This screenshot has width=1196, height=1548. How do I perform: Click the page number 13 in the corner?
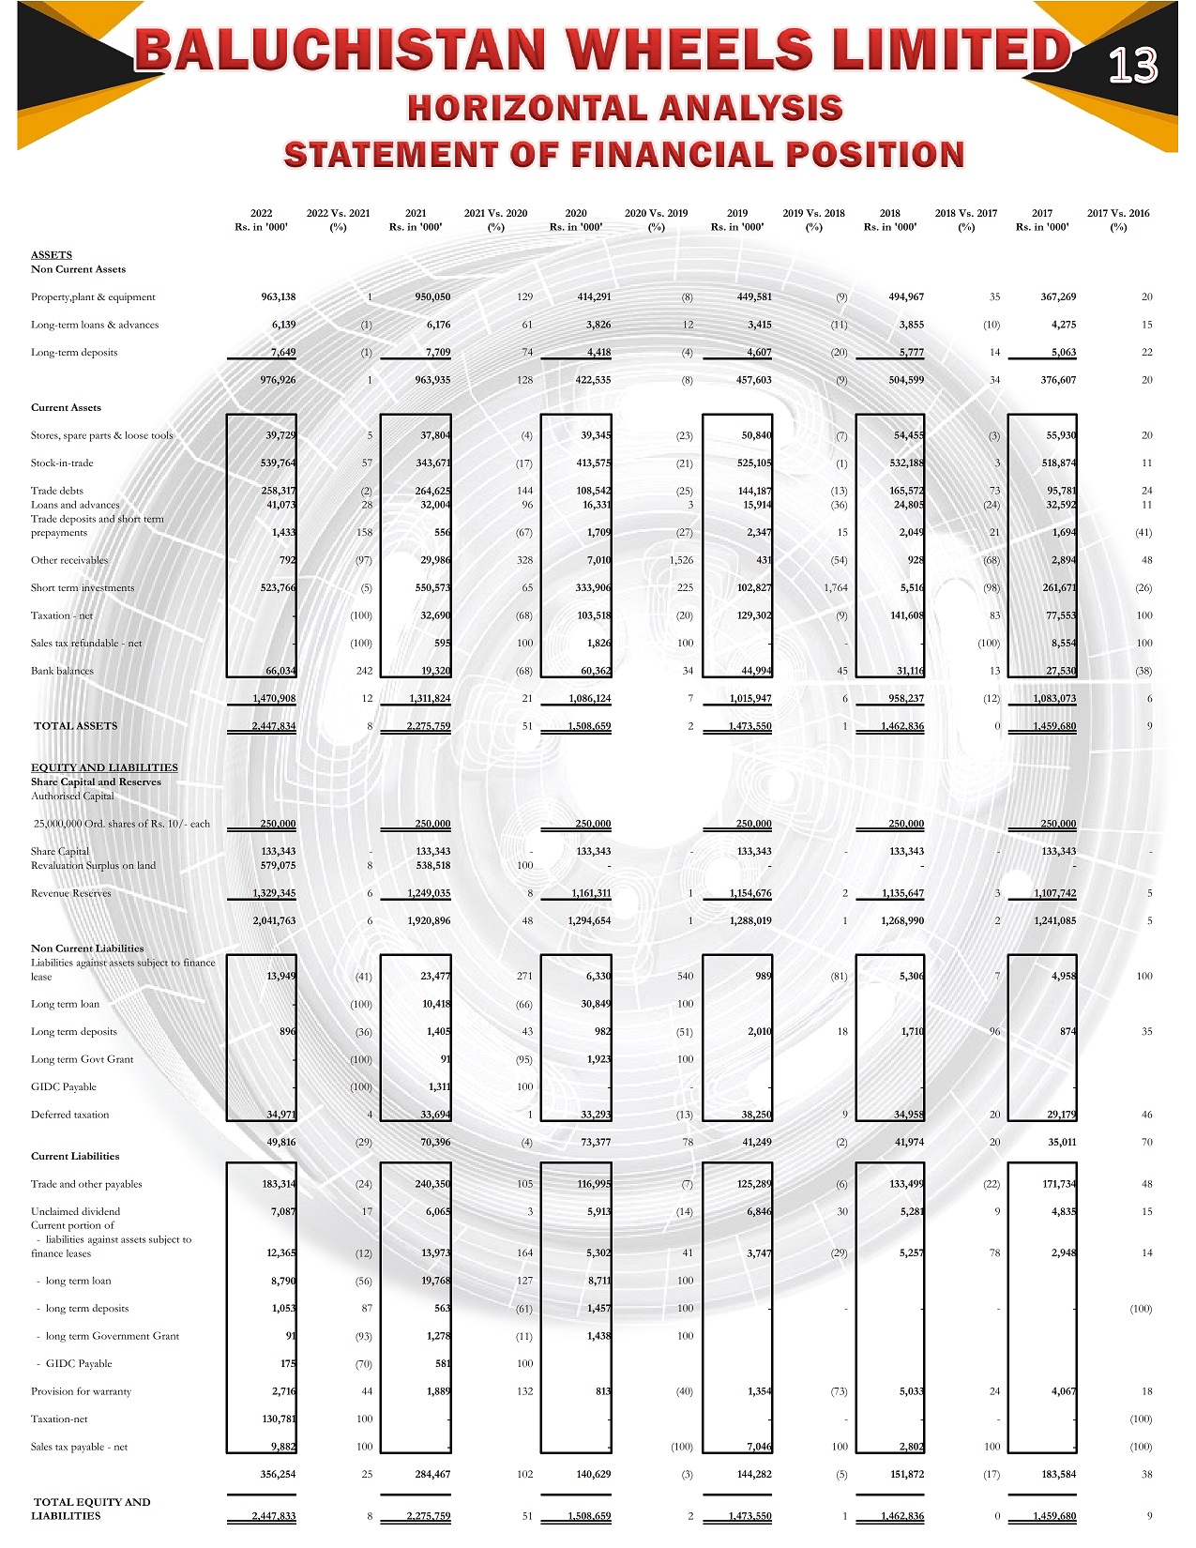[x=1132, y=66]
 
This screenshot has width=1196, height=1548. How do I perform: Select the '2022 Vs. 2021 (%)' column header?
[x=338, y=220]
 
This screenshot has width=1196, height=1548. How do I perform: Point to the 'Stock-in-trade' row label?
[x=62, y=463]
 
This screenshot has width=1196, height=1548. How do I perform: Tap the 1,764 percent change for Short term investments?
[x=835, y=588]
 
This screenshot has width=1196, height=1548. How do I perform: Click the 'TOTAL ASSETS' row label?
[x=76, y=726]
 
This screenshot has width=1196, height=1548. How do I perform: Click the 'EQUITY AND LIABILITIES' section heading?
[x=104, y=767]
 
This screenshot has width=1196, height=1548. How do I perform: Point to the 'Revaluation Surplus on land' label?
[x=93, y=866]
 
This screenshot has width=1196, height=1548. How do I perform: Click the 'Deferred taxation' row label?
[x=69, y=1115]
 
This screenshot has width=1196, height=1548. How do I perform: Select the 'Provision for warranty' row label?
[x=81, y=1392]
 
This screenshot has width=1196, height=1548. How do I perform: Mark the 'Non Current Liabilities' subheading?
[x=87, y=949]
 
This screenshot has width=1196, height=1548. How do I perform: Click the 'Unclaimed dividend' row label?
[x=75, y=1212]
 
